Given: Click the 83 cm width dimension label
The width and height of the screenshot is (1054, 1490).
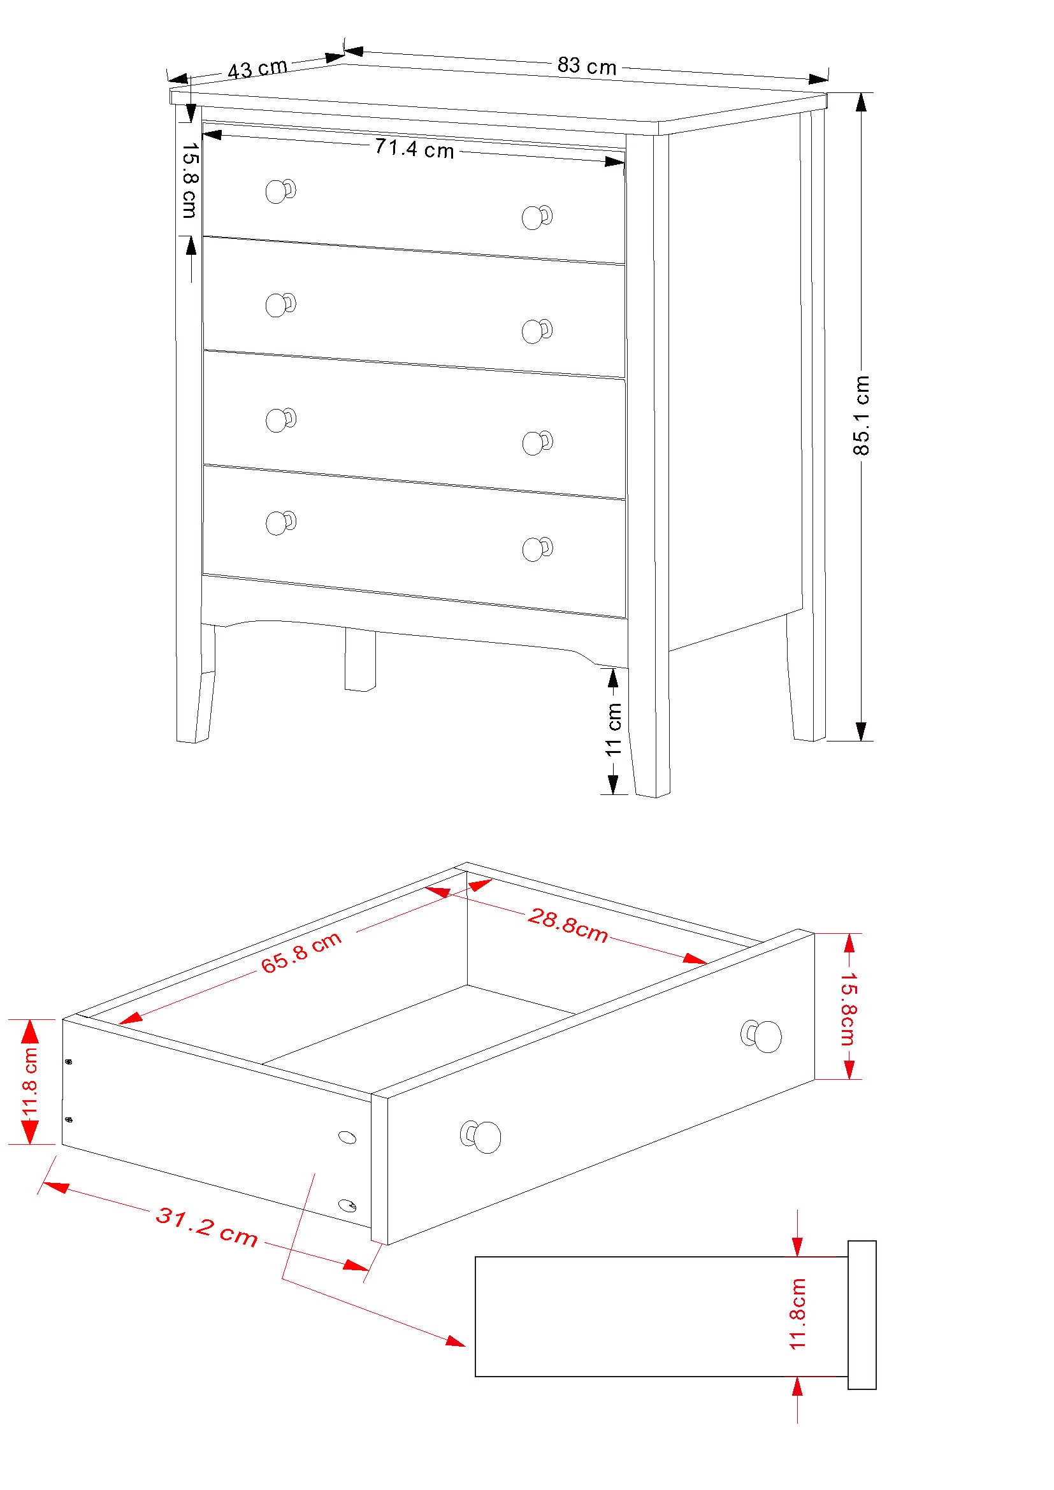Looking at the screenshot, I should pyautogui.click(x=586, y=66).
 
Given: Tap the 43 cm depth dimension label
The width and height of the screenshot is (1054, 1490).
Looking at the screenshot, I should pyautogui.click(x=257, y=69).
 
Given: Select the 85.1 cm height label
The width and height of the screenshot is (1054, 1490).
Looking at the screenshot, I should pyautogui.click(x=862, y=415).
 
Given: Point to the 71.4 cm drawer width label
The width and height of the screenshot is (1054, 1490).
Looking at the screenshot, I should pyautogui.click(x=415, y=149).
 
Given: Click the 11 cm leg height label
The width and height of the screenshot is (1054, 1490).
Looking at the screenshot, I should pyautogui.click(x=613, y=728).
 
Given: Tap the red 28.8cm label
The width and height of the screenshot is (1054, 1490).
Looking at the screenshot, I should pyautogui.click(x=567, y=926).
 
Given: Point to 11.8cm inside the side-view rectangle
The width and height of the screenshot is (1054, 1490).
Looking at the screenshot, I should pyautogui.click(x=798, y=1314).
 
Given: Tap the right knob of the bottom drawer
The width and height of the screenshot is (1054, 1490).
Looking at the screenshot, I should pyautogui.click(x=535, y=549).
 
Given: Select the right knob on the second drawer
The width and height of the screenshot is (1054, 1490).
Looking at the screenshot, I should pyautogui.click(x=535, y=331).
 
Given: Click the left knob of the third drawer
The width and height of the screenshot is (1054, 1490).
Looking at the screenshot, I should pyautogui.click(x=279, y=420).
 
